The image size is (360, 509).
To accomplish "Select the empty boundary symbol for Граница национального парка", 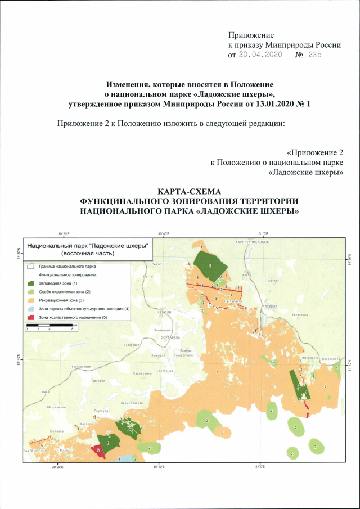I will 31,265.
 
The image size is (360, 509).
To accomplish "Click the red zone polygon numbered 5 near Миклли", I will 99,451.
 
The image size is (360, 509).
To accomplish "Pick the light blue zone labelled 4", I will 128,459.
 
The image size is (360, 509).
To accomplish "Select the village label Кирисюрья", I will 315,315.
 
